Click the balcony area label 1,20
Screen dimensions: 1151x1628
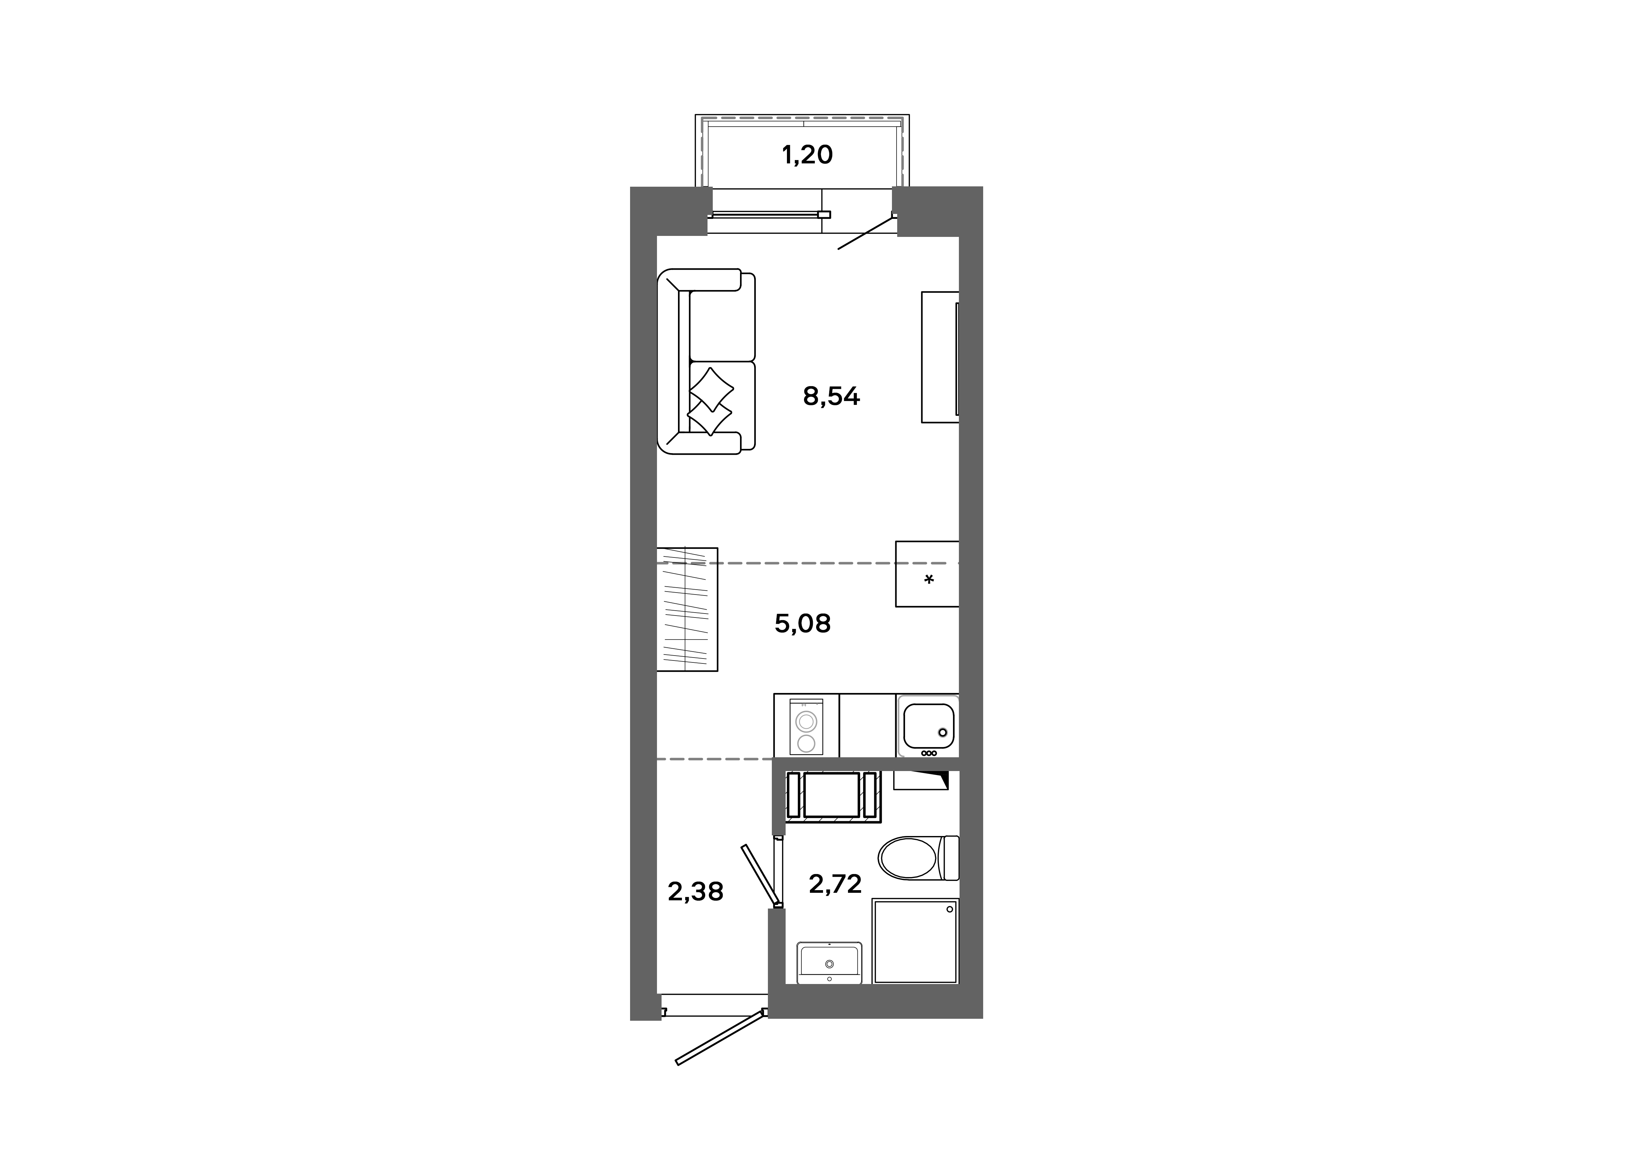pyautogui.click(x=807, y=155)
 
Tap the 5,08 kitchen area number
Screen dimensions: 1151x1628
pyautogui.click(x=802, y=624)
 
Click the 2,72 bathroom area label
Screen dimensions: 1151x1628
pyautogui.click(x=835, y=884)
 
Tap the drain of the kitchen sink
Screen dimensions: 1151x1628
pyautogui.click(x=943, y=732)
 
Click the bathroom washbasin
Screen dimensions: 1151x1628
pyautogui.click(x=829, y=962)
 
